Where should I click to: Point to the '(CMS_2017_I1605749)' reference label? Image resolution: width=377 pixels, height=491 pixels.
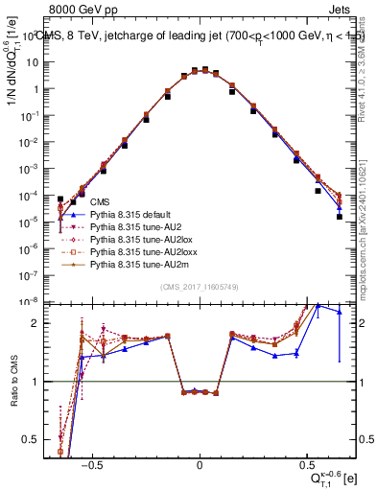pos(200,287)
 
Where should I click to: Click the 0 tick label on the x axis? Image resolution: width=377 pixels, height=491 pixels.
pos(200,462)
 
